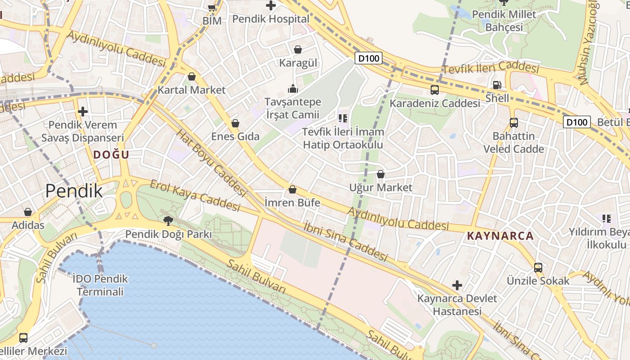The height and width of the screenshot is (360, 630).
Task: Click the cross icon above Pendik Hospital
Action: pos(270,6)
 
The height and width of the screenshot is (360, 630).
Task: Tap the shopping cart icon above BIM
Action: pos(211,7)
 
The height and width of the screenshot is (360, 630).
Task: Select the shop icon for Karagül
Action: pos(297,49)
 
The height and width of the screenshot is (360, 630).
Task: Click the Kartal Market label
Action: pos(192,90)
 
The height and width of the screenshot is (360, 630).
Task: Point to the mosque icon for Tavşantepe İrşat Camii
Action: pos(293,88)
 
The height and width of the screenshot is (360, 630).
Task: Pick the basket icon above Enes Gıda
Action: pos(235,123)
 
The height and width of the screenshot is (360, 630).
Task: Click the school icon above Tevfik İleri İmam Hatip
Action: pos(343,118)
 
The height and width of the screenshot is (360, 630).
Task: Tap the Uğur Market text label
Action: pos(381,187)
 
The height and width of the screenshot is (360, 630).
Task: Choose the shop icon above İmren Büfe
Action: pos(292,189)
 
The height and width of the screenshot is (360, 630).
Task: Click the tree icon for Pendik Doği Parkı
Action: pos(168,220)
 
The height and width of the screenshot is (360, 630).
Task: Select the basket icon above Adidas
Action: pos(28,212)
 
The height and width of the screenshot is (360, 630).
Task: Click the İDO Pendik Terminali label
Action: pos(100,285)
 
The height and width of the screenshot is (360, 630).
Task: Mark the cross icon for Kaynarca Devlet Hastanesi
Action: pos(457,285)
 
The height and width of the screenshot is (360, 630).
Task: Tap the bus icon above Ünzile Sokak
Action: pos(538,267)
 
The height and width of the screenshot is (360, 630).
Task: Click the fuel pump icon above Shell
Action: pos(497,85)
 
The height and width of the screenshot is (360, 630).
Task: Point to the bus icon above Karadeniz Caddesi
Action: pos(435,90)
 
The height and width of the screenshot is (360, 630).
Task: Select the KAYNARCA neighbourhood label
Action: pos(500,235)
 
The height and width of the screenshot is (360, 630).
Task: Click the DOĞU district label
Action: pos(111,155)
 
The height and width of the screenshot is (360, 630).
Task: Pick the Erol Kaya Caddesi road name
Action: pos(195,196)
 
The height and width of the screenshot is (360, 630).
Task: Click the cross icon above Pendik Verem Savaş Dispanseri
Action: pos(82,112)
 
